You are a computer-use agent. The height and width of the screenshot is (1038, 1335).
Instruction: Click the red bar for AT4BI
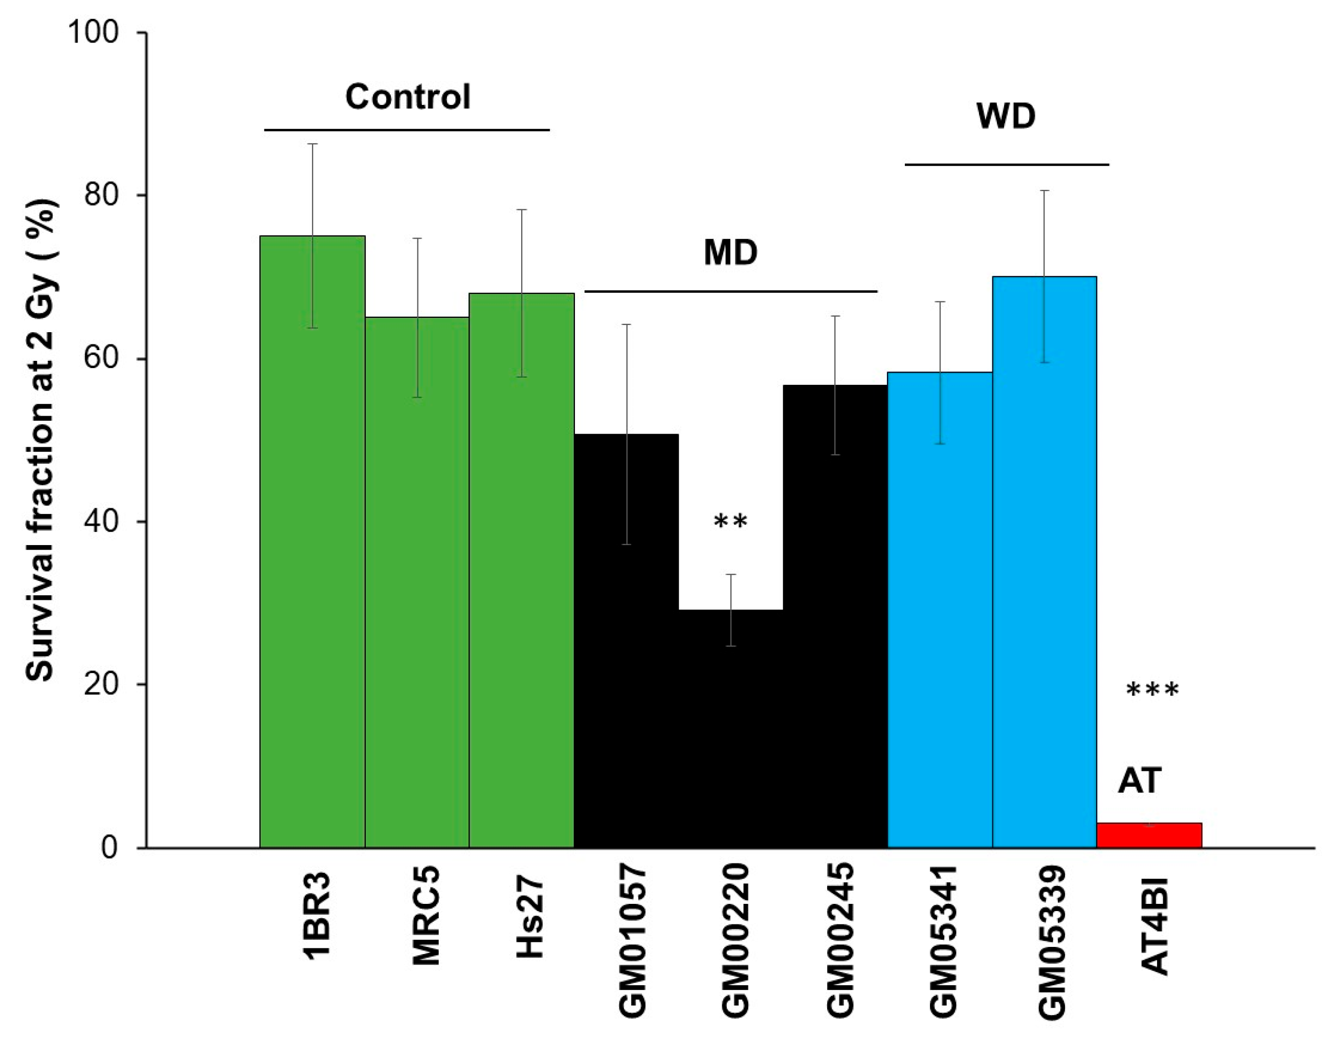(1149, 835)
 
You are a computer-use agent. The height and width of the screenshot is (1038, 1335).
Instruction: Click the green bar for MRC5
(417, 581)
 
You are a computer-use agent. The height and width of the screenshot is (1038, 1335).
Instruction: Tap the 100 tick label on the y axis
(93, 32)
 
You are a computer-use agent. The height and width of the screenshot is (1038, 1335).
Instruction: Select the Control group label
(408, 97)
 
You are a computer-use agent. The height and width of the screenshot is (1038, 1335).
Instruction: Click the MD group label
(730, 253)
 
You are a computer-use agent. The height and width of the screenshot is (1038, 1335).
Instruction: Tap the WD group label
(1006, 116)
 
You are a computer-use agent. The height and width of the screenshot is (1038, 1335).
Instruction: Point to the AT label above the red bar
(1140, 781)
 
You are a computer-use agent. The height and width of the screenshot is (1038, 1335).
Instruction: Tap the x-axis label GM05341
(943, 942)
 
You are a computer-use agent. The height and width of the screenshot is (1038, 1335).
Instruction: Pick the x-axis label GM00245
(839, 942)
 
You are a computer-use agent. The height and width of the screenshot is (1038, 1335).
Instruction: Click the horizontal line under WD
(1006, 164)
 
